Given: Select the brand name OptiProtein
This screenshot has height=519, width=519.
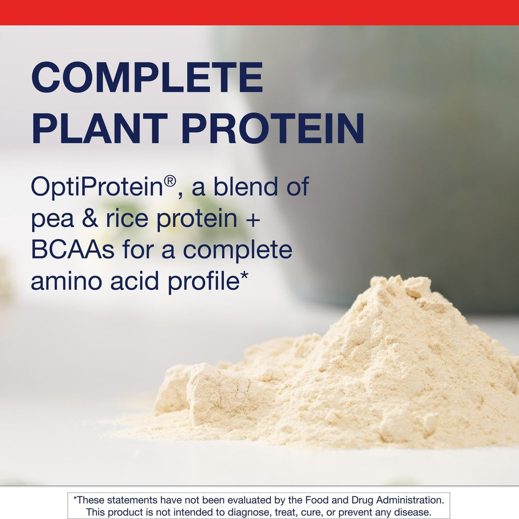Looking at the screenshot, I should tap(97, 187).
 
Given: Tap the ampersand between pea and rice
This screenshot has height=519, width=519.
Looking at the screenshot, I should tap(83, 218).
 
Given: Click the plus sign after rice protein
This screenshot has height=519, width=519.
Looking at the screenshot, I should tap(252, 219).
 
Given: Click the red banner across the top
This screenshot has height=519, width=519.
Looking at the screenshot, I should tap(259, 12).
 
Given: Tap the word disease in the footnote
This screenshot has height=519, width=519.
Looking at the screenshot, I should tap(413, 512).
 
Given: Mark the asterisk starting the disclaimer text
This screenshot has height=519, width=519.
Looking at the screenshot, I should tap(75, 499).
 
